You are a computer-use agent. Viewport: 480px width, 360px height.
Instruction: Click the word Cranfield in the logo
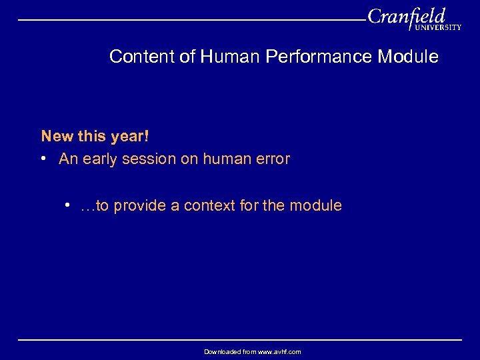pos(406,16)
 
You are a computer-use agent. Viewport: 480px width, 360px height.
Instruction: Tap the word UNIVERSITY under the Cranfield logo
pos(437,28)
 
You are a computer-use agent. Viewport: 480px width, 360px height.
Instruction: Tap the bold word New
pos(57,136)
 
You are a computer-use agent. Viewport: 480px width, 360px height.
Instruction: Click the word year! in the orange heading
pos(129,136)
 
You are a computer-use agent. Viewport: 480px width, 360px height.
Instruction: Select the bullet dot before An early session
pos(43,159)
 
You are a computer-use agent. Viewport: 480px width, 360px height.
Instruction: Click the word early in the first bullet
pos(100,159)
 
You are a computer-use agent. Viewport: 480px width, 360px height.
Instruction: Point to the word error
pos(271,159)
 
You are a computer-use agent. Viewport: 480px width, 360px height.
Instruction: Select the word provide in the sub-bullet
pos(140,206)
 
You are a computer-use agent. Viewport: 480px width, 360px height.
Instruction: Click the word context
pos(209,206)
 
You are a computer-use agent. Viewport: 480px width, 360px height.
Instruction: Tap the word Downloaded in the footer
pos(221,351)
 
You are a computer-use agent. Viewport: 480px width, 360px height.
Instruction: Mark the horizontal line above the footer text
pos(240,340)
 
